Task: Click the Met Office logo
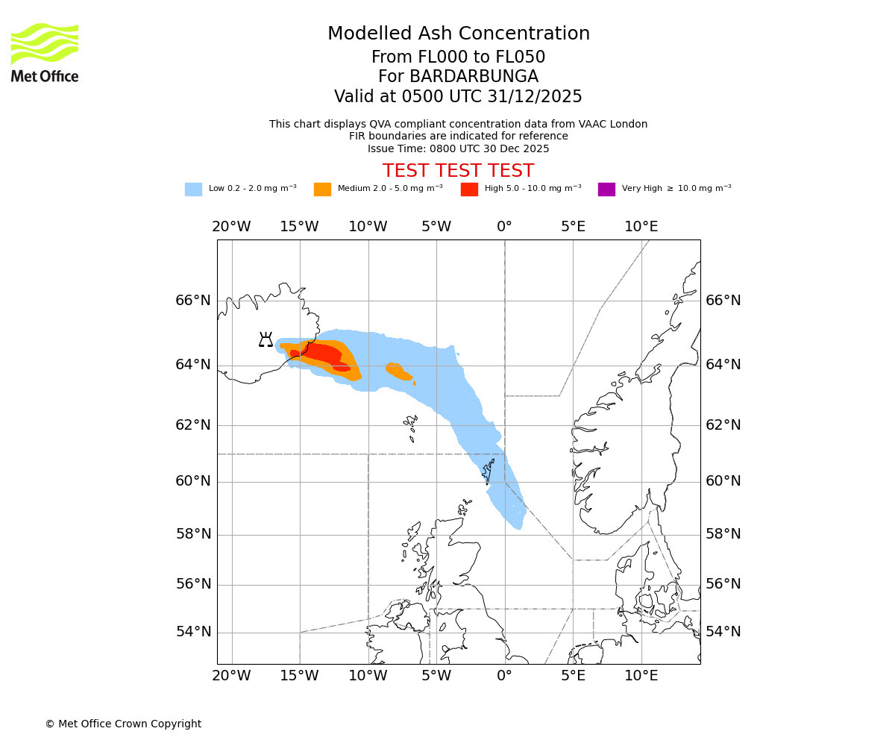tap(45, 52)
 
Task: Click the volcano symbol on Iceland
tap(266, 340)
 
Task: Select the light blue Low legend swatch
tap(193, 189)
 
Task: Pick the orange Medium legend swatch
tap(322, 189)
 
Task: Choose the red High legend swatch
tap(469, 189)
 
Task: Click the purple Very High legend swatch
tap(606, 189)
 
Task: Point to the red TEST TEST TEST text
tap(458, 171)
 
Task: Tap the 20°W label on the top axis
tap(231, 227)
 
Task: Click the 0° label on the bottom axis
tap(505, 676)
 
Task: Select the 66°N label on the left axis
tap(193, 301)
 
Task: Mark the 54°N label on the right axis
tap(723, 632)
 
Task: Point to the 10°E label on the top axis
tap(641, 227)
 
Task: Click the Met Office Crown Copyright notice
tap(123, 724)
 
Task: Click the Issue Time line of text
tap(458, 148)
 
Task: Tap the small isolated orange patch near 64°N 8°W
tap(398, 371)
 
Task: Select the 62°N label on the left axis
tap(193, 425)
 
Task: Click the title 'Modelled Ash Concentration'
tap(458, 34)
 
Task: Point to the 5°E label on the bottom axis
tap(573, 676)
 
